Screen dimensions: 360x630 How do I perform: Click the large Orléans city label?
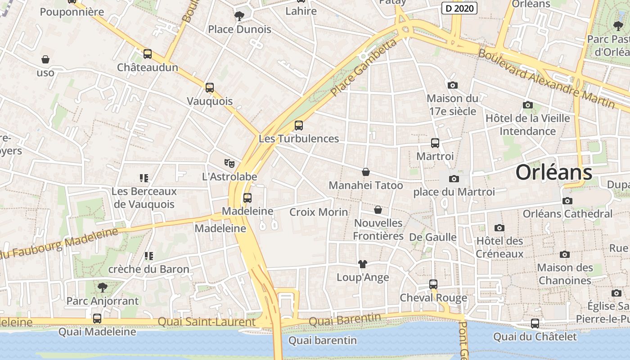point(553,172)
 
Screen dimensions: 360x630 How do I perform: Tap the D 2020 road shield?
point(459,8)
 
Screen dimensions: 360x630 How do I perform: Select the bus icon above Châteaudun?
point(147,54)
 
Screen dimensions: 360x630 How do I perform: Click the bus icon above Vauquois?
point(209,88)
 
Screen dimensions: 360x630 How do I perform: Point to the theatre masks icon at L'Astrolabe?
point(229,163)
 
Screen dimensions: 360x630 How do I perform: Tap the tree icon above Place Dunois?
point(239,16)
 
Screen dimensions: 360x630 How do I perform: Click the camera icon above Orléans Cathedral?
point(567,201)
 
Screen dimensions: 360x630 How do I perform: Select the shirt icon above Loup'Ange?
point(362,264)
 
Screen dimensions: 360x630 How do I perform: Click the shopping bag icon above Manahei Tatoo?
point(365,172)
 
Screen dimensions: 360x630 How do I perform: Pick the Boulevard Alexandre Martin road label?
point(546,78)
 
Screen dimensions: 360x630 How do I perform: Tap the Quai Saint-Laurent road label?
point(207,322)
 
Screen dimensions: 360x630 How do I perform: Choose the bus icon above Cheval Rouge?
point(433,284)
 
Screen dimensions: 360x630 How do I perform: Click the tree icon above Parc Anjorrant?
point(103,287)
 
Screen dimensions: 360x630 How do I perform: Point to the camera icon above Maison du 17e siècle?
point(452,85)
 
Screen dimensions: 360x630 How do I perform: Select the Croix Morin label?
point(319,212)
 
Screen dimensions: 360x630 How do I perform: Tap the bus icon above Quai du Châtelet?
point(535,323)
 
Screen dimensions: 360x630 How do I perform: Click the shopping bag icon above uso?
point(45,59)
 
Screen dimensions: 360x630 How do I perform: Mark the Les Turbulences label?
point(298,139)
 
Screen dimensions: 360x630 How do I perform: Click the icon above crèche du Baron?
point(148,256)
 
